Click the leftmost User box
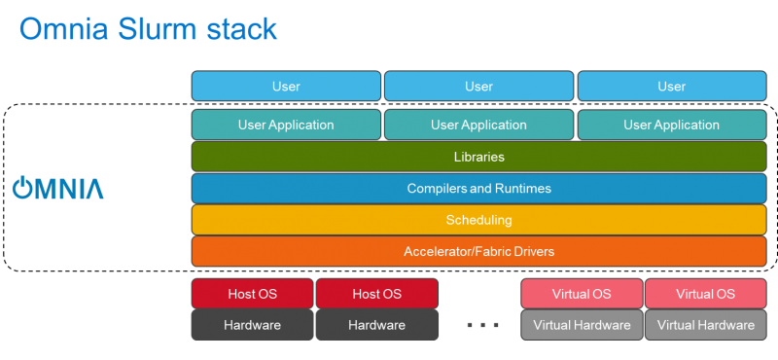click(286, 87)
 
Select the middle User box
click(478, 87)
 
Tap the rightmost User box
click(671, 87)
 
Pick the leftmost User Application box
click(286, 125)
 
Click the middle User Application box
click(478, 125)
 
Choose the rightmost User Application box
click(671, 125)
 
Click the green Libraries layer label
click(478, 157)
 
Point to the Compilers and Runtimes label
click(478, 188)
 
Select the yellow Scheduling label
click(478, 220)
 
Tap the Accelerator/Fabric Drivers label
click(478, 252)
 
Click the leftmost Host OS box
click(252, 294)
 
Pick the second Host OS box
click(376, 294)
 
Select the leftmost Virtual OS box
click(582, 294)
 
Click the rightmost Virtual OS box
click(705, 294)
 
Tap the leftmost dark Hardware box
click(252, 325)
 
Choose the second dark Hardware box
click(376, 325)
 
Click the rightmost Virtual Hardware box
click(705, 325)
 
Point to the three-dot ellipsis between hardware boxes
click(482, 325)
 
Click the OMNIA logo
click(57, 188)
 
